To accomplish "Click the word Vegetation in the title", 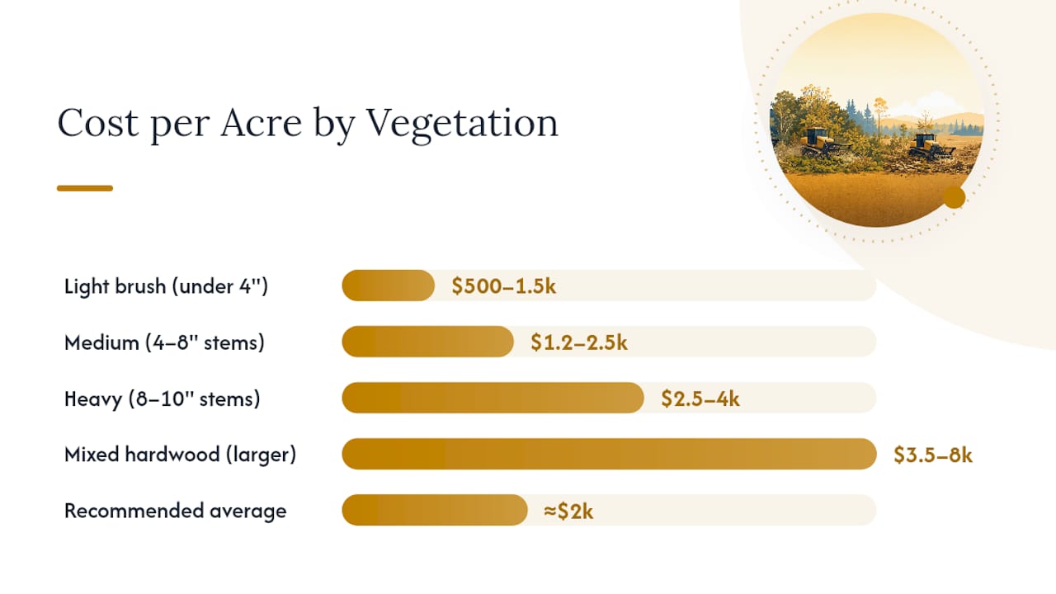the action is (x=462, y=124).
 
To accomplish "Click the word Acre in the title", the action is (x=261, y=123).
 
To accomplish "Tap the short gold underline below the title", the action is (x=85, y=188).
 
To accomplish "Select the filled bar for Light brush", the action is (x=388, y=285).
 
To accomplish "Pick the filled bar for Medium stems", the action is (x=427, y=342).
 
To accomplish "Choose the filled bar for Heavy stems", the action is (x=493, y=398).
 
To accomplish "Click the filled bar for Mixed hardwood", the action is (x=609, y=454).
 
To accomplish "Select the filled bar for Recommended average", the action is (x=435, y=510).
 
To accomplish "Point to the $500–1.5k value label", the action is (x=503, y=286).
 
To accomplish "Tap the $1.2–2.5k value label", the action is (x=579, y=342).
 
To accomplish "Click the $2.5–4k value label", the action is (x=700, y=398).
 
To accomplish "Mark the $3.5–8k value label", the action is (x=933, y=455).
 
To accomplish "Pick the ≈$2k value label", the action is (x=568, y=511).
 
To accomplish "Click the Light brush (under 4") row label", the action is (x=166, y=286).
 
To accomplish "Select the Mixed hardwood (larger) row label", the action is (x=180, y=455).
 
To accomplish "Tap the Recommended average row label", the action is (x=176, y=511).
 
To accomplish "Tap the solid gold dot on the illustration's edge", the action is (x=955, y=197).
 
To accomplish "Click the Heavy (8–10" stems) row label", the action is (x=163, y=398).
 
